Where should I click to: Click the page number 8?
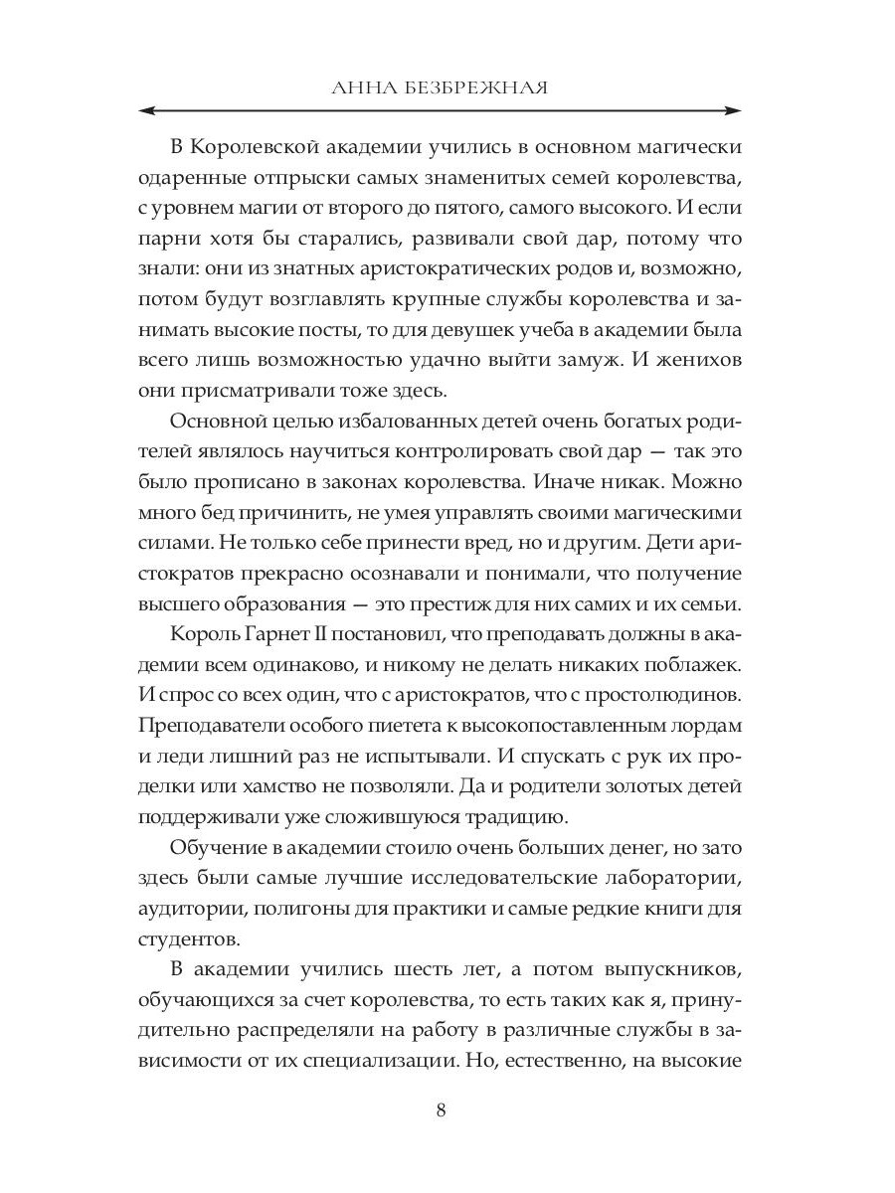[441, 1110]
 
